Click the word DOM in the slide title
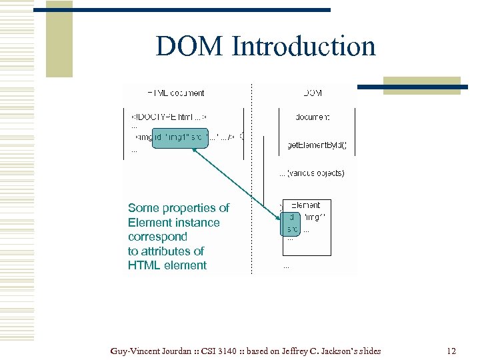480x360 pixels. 190,47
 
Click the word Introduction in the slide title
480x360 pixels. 303,47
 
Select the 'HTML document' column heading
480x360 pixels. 176,93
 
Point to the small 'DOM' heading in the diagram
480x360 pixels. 313,93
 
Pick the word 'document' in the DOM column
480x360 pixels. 313,117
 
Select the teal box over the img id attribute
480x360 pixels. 180,137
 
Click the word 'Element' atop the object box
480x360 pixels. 306,205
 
